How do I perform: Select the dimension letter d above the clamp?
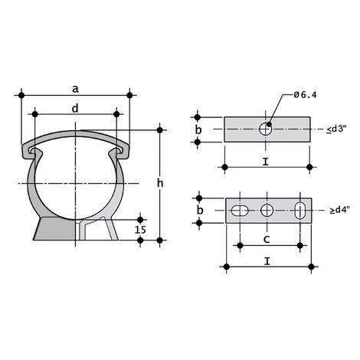(x=74, y=108)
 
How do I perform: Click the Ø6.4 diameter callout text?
(x=306, y=95)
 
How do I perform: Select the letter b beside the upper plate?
(x=198, y=131)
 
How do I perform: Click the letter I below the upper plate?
(x=264, y=162)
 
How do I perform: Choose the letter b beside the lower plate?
(x=198, y=210)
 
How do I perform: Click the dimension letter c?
(x=265, y=240)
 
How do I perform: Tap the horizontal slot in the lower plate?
(x=239, y=210)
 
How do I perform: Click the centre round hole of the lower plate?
(x=267, y=210)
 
